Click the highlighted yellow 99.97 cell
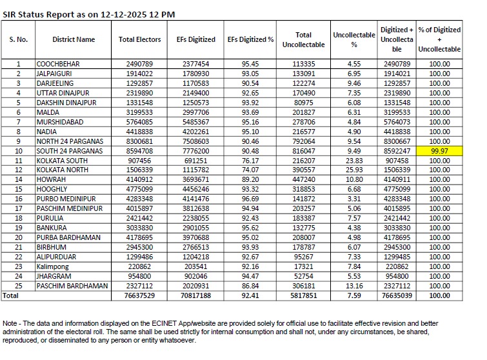[x=439, y=150]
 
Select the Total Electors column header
[x=140, y=39]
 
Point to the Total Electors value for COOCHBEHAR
[x=140, y=64]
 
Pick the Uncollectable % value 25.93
[x=353, y=170]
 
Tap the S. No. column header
[x=18, y=39]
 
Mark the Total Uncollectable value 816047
[x=303, y=150]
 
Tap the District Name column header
[x=74, y=39]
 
